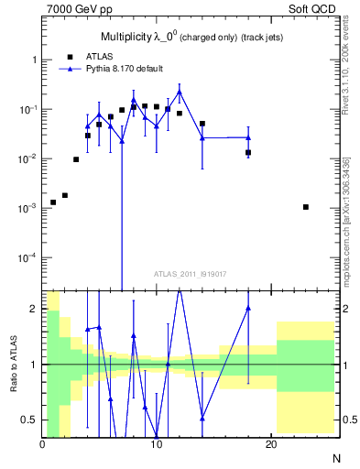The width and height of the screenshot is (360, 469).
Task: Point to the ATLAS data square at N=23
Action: point(305,207)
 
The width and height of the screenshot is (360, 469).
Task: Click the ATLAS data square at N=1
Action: point(53,202)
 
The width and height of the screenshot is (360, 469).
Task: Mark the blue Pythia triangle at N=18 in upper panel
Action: point(248,137)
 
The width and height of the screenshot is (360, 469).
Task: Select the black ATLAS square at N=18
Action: point(248,152)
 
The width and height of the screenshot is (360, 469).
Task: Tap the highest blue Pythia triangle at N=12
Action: point(180,93)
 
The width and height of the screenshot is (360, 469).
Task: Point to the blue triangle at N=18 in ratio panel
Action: point(248,308)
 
